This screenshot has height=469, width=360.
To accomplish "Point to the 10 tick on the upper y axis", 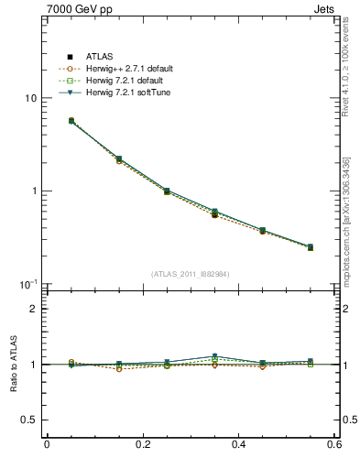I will tap(30, 98).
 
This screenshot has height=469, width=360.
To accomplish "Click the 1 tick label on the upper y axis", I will tap(33, 191).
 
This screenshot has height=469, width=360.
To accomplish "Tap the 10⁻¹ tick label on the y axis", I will tap(28, 284).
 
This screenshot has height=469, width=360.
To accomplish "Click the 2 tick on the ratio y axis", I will tap(33, 309).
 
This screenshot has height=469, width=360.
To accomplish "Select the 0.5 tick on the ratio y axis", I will tap(29, 420).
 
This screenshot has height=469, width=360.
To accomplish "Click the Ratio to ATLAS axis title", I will tap(11, 364).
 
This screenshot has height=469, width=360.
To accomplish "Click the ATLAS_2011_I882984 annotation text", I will tap(191, 274).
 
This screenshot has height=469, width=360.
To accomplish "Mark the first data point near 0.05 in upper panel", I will tap(71, 120).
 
